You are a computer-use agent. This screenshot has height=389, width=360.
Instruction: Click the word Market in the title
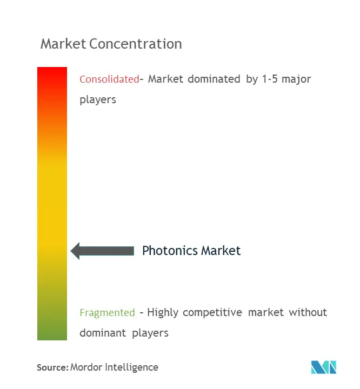(63, 44)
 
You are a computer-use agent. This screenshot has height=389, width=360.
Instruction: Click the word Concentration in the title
(136, 44)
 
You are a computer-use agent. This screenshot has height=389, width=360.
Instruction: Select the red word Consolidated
(109, 79)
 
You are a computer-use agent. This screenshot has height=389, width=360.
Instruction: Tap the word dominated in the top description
(214, 79)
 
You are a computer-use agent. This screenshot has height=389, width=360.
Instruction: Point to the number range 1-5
(270, 79)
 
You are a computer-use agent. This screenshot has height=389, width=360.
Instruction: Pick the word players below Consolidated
(98, 100)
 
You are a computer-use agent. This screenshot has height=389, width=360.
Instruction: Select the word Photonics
(170, 251)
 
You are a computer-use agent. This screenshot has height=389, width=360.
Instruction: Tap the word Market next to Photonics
(221, 251)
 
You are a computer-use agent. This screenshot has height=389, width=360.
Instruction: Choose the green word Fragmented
(107, 313)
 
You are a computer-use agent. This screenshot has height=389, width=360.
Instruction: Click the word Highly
(163, 313)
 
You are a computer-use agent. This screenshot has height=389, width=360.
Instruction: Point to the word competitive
(212, 313)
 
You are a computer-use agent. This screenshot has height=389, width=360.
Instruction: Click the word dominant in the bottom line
(103, 333)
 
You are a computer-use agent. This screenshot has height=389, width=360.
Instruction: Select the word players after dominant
(150, 333)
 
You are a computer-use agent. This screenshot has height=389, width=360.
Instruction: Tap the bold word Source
(52, 367)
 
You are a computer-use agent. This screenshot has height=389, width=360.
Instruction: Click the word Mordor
(86, 367)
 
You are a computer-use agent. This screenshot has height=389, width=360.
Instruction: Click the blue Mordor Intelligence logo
(324, 367)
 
